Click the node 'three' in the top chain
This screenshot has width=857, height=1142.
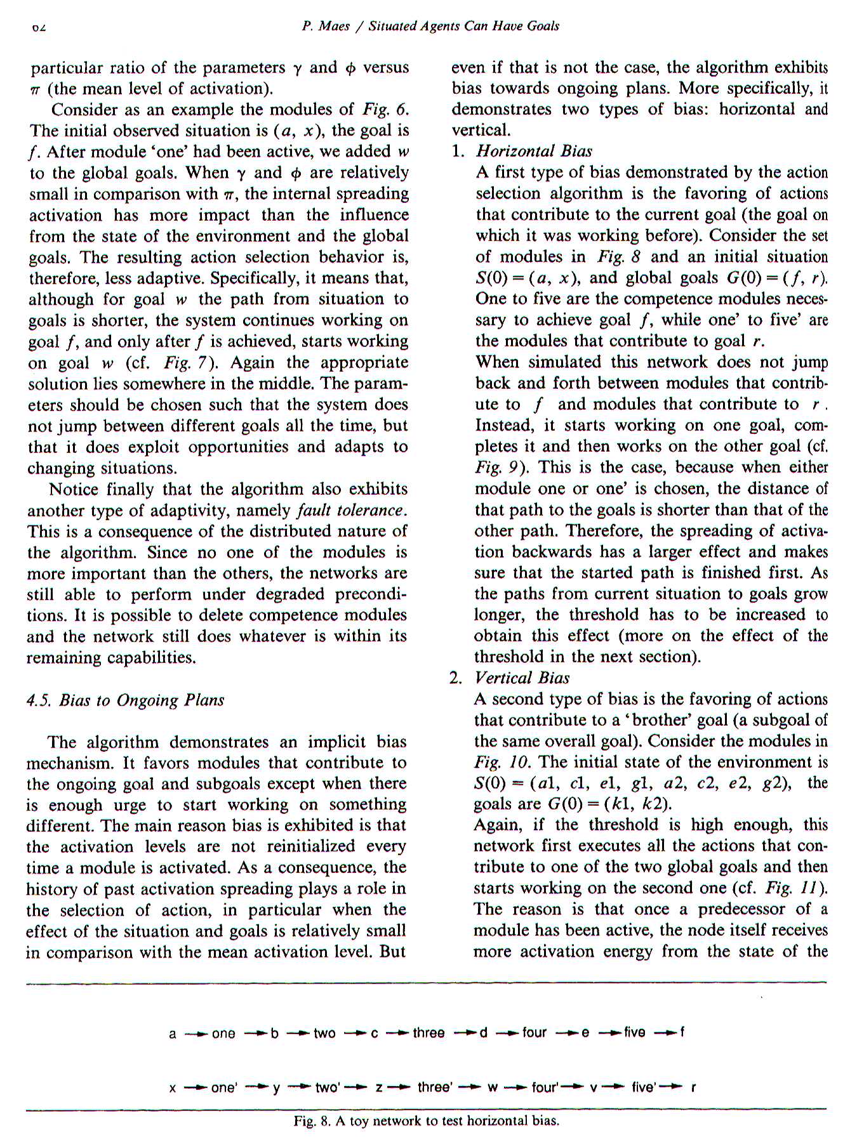428,1033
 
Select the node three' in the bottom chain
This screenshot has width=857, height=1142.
435,1087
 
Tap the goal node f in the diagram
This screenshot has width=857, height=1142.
682,1032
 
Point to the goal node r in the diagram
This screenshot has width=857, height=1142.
694,1087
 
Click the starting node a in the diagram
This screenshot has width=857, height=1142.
172,1034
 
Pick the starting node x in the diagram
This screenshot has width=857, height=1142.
172,1088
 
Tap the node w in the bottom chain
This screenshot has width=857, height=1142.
492,1087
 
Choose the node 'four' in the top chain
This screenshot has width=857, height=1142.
534,1033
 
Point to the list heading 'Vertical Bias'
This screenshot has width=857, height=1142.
522,678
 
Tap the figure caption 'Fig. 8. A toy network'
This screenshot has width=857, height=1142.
426,1120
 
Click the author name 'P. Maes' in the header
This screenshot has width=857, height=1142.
326,26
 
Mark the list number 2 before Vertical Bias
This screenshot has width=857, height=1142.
455,678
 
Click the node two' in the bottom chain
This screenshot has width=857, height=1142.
328,1087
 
